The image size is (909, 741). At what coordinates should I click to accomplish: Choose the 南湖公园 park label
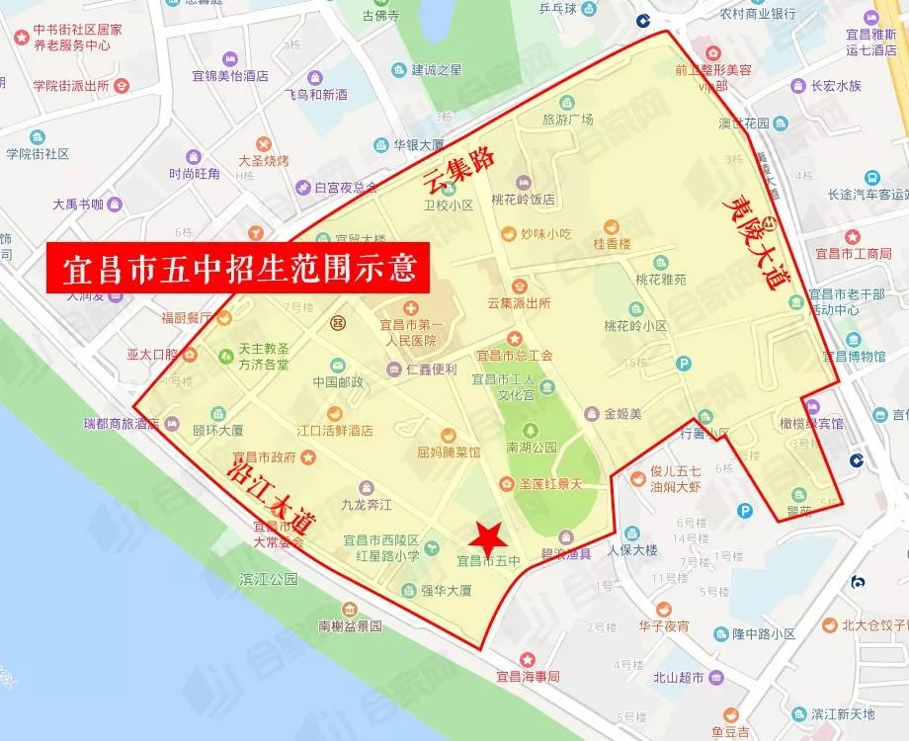pos(532,447)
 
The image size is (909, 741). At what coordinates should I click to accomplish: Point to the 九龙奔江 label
pos(367,505)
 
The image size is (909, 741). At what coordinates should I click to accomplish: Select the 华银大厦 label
pos(418,143)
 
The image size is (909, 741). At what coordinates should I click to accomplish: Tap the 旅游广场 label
pos(567,120)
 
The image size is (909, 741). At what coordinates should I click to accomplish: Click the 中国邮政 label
pos(339,381)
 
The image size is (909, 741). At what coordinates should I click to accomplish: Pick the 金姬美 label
pos(623,413)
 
